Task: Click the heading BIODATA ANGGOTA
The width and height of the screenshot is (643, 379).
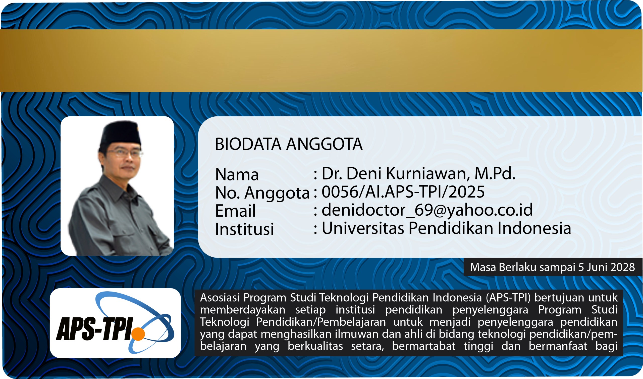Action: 289,144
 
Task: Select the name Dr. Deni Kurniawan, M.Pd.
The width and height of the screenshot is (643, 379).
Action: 418,173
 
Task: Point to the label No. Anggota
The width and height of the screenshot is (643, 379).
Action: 262,193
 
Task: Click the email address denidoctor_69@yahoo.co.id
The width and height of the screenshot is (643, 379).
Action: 427,210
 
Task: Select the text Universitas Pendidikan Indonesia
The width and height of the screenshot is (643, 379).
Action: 446,228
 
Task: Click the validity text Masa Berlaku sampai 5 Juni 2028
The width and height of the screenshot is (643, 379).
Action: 552,267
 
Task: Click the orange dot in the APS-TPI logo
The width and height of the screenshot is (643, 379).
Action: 138,334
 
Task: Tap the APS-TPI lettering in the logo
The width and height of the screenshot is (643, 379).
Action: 95,329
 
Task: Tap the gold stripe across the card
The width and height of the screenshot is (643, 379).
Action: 321,61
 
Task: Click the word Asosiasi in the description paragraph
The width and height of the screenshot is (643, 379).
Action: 220,298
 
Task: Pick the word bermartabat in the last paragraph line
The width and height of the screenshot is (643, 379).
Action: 423,346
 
